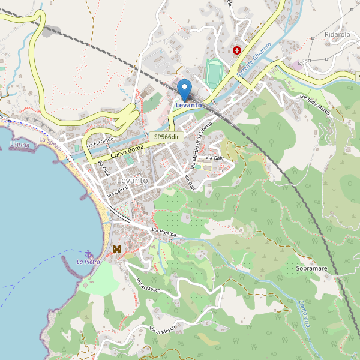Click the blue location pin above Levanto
click(185, 89)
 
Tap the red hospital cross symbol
click(237, 50)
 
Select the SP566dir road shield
click(166, 137)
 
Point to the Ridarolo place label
click(337, 34)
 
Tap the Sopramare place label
click(311, 268)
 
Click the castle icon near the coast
click(117, 248)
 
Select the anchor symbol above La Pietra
click(89, 253)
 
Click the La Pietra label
click(88, 262)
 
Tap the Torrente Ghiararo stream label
click(253, 59)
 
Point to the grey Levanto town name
click(133, 181)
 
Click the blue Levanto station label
click(188, 106)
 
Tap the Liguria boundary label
click(20, 145)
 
